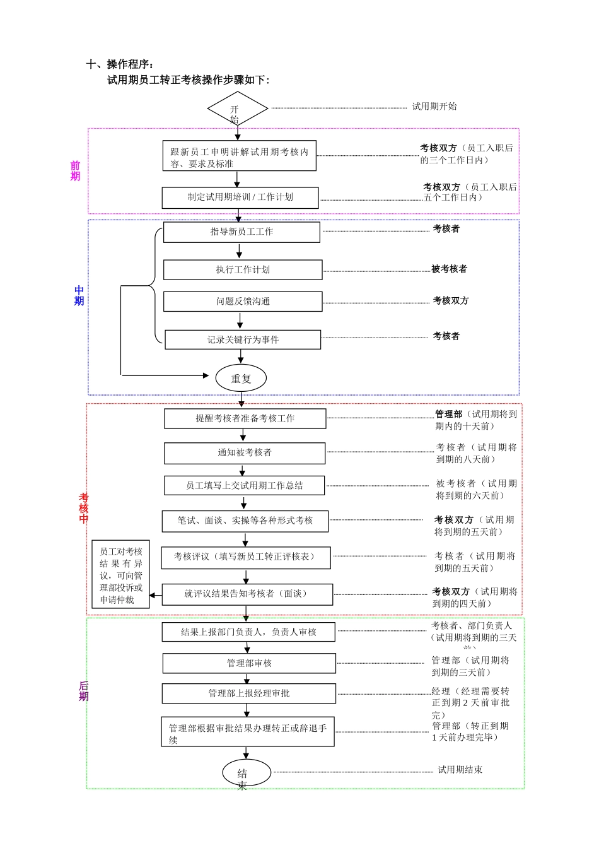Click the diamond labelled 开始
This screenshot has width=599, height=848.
click(x=238, y=109)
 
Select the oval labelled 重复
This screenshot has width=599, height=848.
click(x=241, y=379)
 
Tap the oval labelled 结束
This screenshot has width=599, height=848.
click(x=247, y=773)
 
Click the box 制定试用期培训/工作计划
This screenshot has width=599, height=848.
click(x=240, y=197)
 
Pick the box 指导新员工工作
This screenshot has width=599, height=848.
click(x=241, y=232)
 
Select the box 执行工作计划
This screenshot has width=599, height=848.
click(x=243, y=270)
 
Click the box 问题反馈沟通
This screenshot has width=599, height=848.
click(x=243, y=302)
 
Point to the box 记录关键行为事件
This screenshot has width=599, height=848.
click(x=243, y=340)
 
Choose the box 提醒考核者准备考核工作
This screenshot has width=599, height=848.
click(x=245, y=419)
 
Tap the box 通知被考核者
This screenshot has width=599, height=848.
click(x=245, y=453)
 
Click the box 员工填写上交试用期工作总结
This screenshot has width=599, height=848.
click(x=245, y=486)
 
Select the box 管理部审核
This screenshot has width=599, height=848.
click(x=249, y=664)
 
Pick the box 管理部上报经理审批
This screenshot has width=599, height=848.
click(x=249, y=693)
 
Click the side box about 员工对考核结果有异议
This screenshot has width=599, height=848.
click(x=121, y=575)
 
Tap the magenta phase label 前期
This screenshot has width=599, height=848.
click(x=75, y=171)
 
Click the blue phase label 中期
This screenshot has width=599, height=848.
click(x=79, y=296)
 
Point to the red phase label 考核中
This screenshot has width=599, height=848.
click(x=83, y=509)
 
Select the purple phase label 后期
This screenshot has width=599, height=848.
click(x=83, y=691)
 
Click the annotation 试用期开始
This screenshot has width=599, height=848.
click(x=434, y=107)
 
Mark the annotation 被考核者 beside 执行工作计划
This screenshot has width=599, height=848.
click(x=449, y=269)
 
